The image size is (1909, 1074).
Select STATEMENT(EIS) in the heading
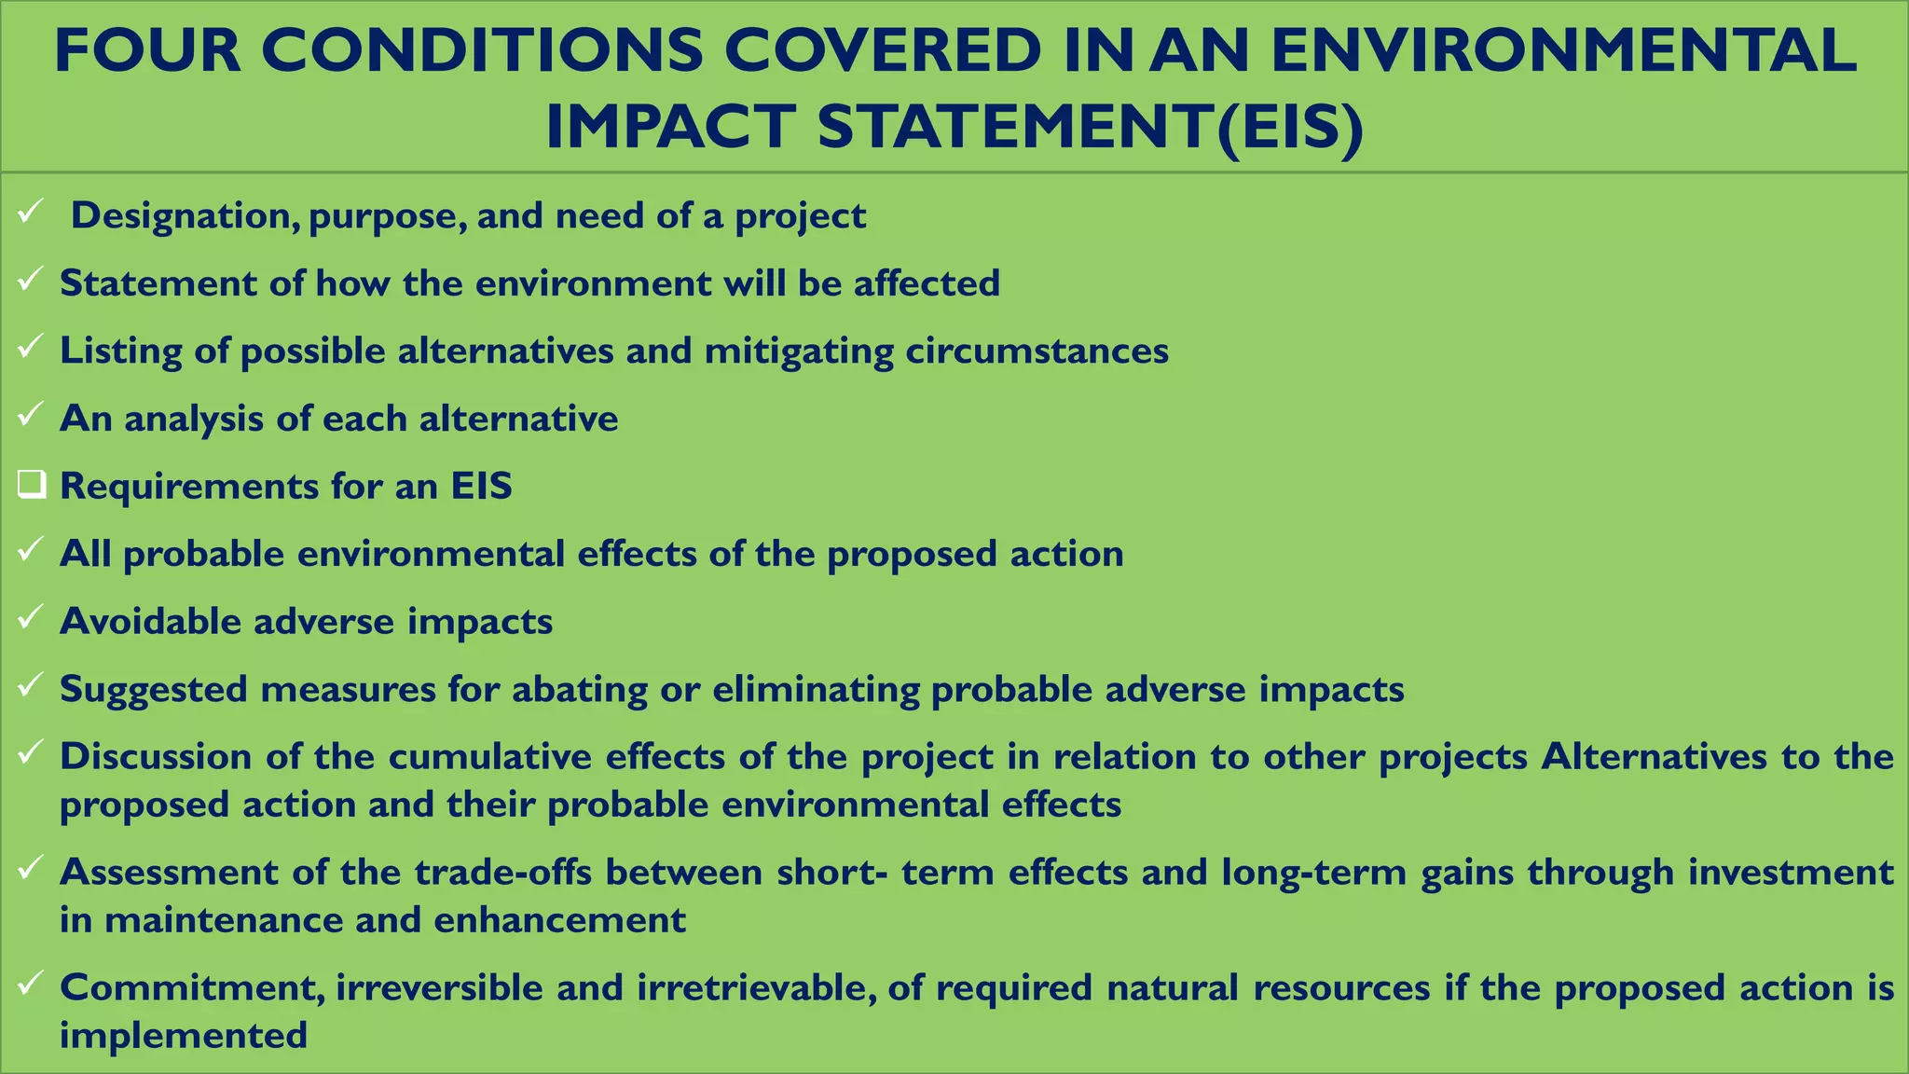(1091, 128)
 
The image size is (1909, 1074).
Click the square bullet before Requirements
(31, 485)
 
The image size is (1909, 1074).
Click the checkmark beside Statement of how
(30, 280)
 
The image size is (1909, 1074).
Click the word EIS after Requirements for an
(482, 486)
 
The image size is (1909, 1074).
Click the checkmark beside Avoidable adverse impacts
(30, 617)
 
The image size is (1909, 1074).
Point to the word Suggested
(153, 690)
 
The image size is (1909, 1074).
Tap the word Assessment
(169, 873)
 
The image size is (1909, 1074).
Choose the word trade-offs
(503, 873)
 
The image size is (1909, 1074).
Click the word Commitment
(191, 988)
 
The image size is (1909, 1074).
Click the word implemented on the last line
(184, 1036)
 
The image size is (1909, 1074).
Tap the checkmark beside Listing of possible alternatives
(30, 348)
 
